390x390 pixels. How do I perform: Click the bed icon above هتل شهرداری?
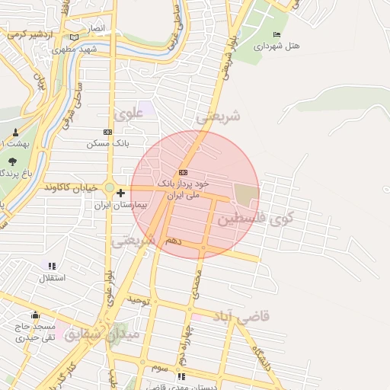click(277, 35)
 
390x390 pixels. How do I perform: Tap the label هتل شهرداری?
click(277, 46)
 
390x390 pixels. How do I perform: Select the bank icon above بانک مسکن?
click(107, 132)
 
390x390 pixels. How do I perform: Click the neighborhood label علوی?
click(128, 115)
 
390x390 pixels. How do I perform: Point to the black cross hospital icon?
click(120, 193)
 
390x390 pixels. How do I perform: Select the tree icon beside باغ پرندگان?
click(13, 161)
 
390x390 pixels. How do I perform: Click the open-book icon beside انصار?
click(74, 37)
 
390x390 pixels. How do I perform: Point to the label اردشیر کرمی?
click(31, 34)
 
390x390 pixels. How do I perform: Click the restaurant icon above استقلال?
click(52, 266)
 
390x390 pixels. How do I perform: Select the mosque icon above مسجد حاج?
click(34, 315)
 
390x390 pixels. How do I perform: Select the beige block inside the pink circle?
click(246, 195)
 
